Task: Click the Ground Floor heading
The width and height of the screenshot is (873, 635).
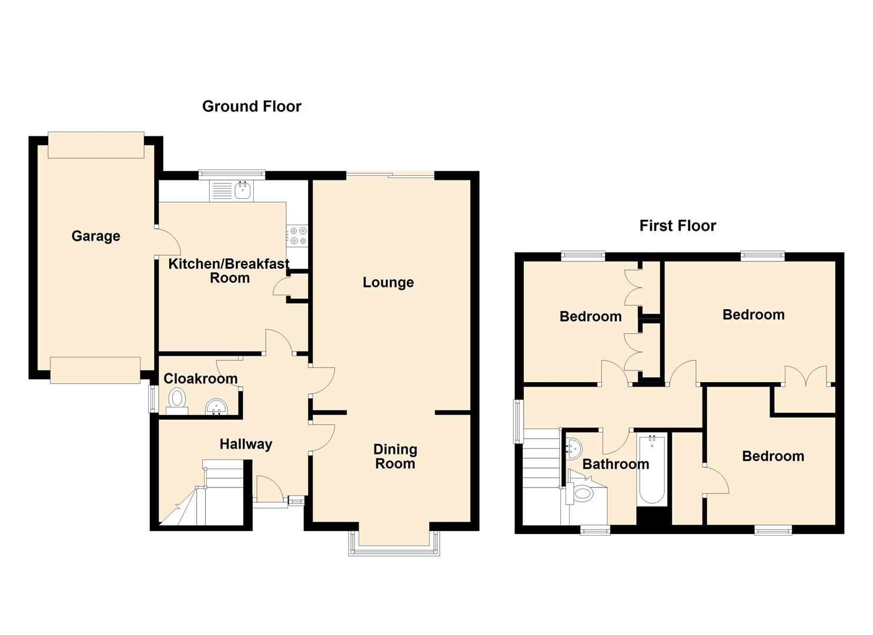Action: (x=252, y=106)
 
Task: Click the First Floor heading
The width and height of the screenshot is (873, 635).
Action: (x=678, y=226)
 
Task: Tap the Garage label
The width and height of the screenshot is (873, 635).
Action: (x=96, y=236)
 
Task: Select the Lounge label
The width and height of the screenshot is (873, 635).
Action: (x=388, y=282)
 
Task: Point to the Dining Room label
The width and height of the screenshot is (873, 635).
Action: (x=395, y=456)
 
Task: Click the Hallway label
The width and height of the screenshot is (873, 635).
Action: (x=246, y=444)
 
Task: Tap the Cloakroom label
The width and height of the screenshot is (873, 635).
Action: (x=200, y=379)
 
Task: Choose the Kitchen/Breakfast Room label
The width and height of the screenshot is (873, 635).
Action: (x=229, y=271)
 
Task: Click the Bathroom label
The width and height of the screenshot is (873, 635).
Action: (x=616, y=464)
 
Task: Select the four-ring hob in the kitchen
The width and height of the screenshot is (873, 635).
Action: (x=297, y=236)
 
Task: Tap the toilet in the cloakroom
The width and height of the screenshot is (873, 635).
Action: (x=178, y=402)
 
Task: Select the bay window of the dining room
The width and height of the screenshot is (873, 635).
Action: (x=394, y=543)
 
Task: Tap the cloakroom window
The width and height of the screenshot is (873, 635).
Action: (x=151, y=399)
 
